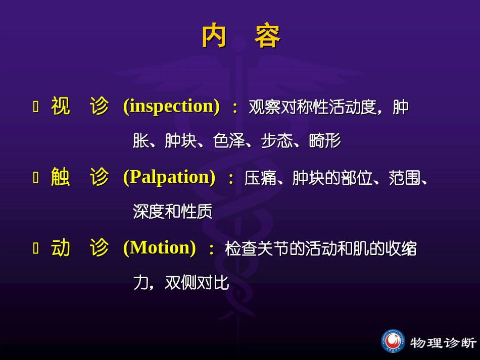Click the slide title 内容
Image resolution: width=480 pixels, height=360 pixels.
[x=241, y=36]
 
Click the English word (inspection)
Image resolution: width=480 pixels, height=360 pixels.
[x=171, y=107]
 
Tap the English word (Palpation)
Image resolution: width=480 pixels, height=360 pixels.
[x=169, y=177]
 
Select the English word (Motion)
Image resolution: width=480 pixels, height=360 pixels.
[x=159, y=248]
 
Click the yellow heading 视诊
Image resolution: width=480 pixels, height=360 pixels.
[x=80, y=107]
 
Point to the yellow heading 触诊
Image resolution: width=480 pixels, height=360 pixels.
[x=80, y=177]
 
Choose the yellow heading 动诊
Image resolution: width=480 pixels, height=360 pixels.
[x=80, y=248]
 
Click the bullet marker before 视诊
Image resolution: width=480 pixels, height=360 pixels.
[x=36, y=107]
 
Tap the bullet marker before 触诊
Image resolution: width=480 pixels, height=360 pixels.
[x=36, y=178]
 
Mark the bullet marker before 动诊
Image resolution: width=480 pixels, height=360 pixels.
[x=36, y=248]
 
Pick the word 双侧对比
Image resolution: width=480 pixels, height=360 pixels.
[x=197, y=283]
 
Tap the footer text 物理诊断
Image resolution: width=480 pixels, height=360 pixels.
[x=443, y=342]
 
